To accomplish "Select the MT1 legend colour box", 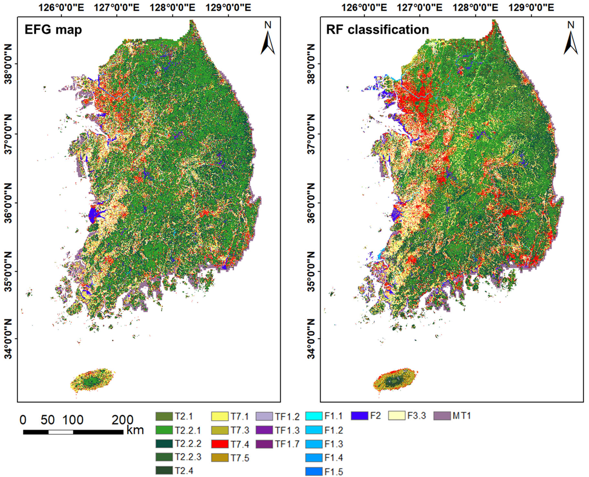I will tap(442, 416).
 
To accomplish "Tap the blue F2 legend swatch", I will tap(359, 416).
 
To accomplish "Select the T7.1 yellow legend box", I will tap(220, 416).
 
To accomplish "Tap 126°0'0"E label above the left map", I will tap(62, 8).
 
